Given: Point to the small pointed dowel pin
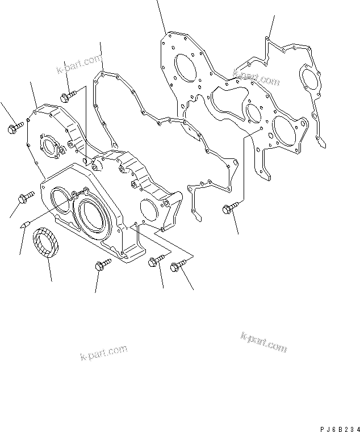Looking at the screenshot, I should point(24,225).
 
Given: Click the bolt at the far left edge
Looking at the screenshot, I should point(14,128).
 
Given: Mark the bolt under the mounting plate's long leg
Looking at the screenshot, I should point(228,210).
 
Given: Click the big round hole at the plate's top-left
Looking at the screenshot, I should point(185,67).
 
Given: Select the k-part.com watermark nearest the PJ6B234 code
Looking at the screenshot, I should point(264,343).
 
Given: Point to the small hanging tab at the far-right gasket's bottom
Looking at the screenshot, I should point(322,142).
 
